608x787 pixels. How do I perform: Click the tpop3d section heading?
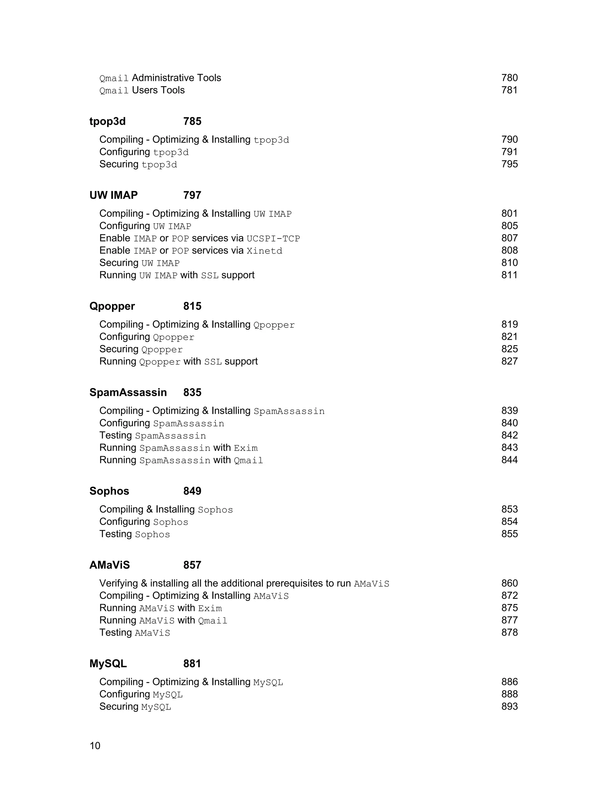coord(107,121)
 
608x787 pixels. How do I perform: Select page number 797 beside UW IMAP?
coord(192,195)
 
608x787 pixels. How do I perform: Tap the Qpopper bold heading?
coord(112,306)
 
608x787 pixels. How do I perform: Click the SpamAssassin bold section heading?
coord(128,392)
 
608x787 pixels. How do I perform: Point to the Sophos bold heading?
coord(109,491)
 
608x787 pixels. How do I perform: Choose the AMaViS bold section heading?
coord(110,565)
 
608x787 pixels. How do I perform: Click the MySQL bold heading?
coord(108,663)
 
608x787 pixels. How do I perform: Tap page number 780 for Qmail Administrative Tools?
coord(509,78)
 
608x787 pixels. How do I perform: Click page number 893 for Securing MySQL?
coord(509,706)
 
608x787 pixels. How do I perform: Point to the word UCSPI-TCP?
coord(273,238)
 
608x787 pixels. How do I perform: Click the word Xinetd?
coord(265,251)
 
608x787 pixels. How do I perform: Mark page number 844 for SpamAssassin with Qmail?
coord(509,460)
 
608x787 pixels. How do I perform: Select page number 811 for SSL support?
coord(509,275)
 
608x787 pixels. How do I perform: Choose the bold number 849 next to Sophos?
coord(192,491)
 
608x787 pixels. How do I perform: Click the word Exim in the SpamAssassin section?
coord(246,448)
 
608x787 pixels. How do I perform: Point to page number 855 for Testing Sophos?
coord(509,534)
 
